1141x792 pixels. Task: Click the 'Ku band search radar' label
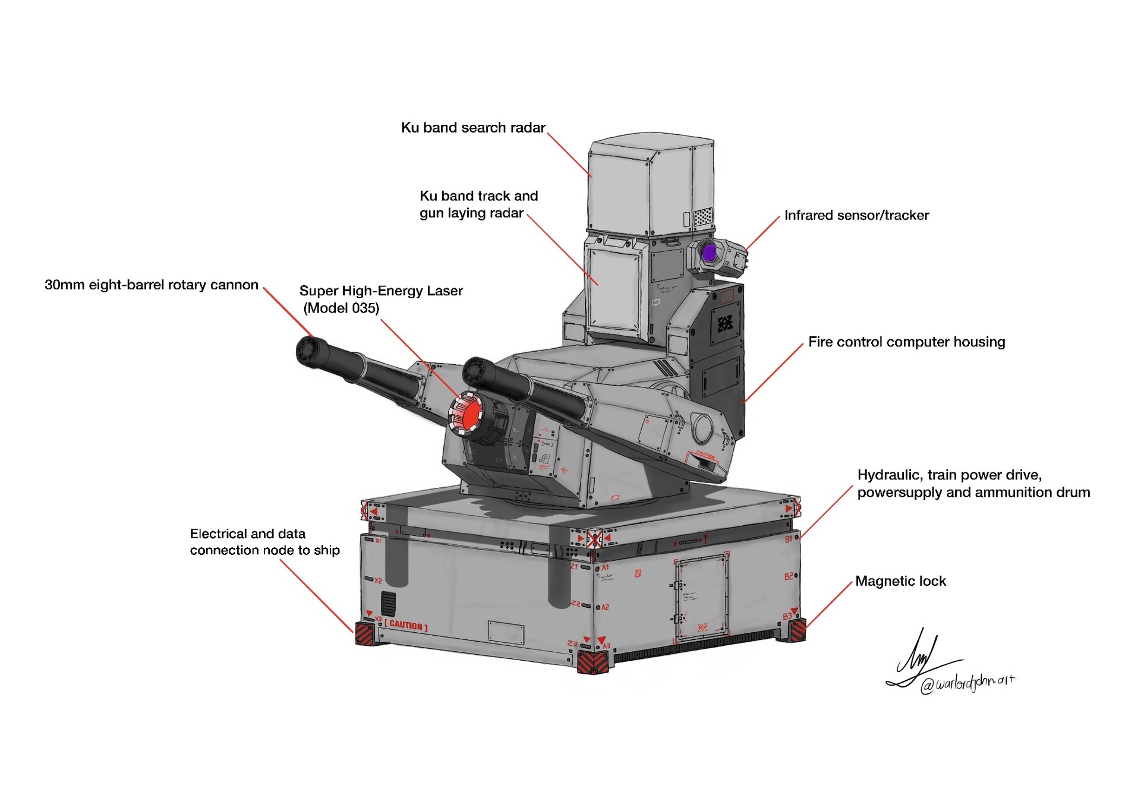[x=473, y=128]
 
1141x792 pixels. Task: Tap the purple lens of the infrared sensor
[x=709, y=253]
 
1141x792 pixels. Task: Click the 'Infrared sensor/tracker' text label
[x=856, y=215]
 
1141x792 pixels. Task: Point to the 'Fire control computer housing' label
[x=906, y=342]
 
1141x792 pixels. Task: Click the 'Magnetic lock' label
[x=900, y=581]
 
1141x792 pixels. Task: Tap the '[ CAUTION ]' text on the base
[x=406, y=625]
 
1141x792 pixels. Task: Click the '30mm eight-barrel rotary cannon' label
[x=152, y=285]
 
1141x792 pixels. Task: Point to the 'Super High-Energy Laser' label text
[x=380, y=291]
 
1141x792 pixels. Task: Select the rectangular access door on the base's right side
[x=701, y=597]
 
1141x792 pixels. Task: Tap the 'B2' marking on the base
[x=788, y=576]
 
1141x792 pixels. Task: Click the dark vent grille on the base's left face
[x=388, y=604]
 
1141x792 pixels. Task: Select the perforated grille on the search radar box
[x=702, y=216]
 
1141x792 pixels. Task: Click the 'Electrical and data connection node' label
[x=264, y=542]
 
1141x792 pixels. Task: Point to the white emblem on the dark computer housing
[x=725, y=324]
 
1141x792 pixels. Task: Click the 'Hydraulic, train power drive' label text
[x=949, y=475]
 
